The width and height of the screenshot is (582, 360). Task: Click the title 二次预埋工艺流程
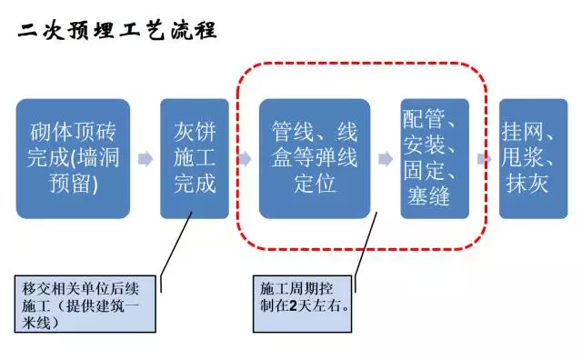117,30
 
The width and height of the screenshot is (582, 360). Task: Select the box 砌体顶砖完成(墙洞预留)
72,158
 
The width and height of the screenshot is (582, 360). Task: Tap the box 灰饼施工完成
194,158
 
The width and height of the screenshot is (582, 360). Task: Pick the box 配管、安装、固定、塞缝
434,158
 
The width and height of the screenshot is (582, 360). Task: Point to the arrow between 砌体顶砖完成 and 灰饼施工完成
144,159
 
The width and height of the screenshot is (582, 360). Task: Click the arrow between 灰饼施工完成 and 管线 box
243,159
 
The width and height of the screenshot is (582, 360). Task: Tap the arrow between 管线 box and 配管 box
386,159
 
